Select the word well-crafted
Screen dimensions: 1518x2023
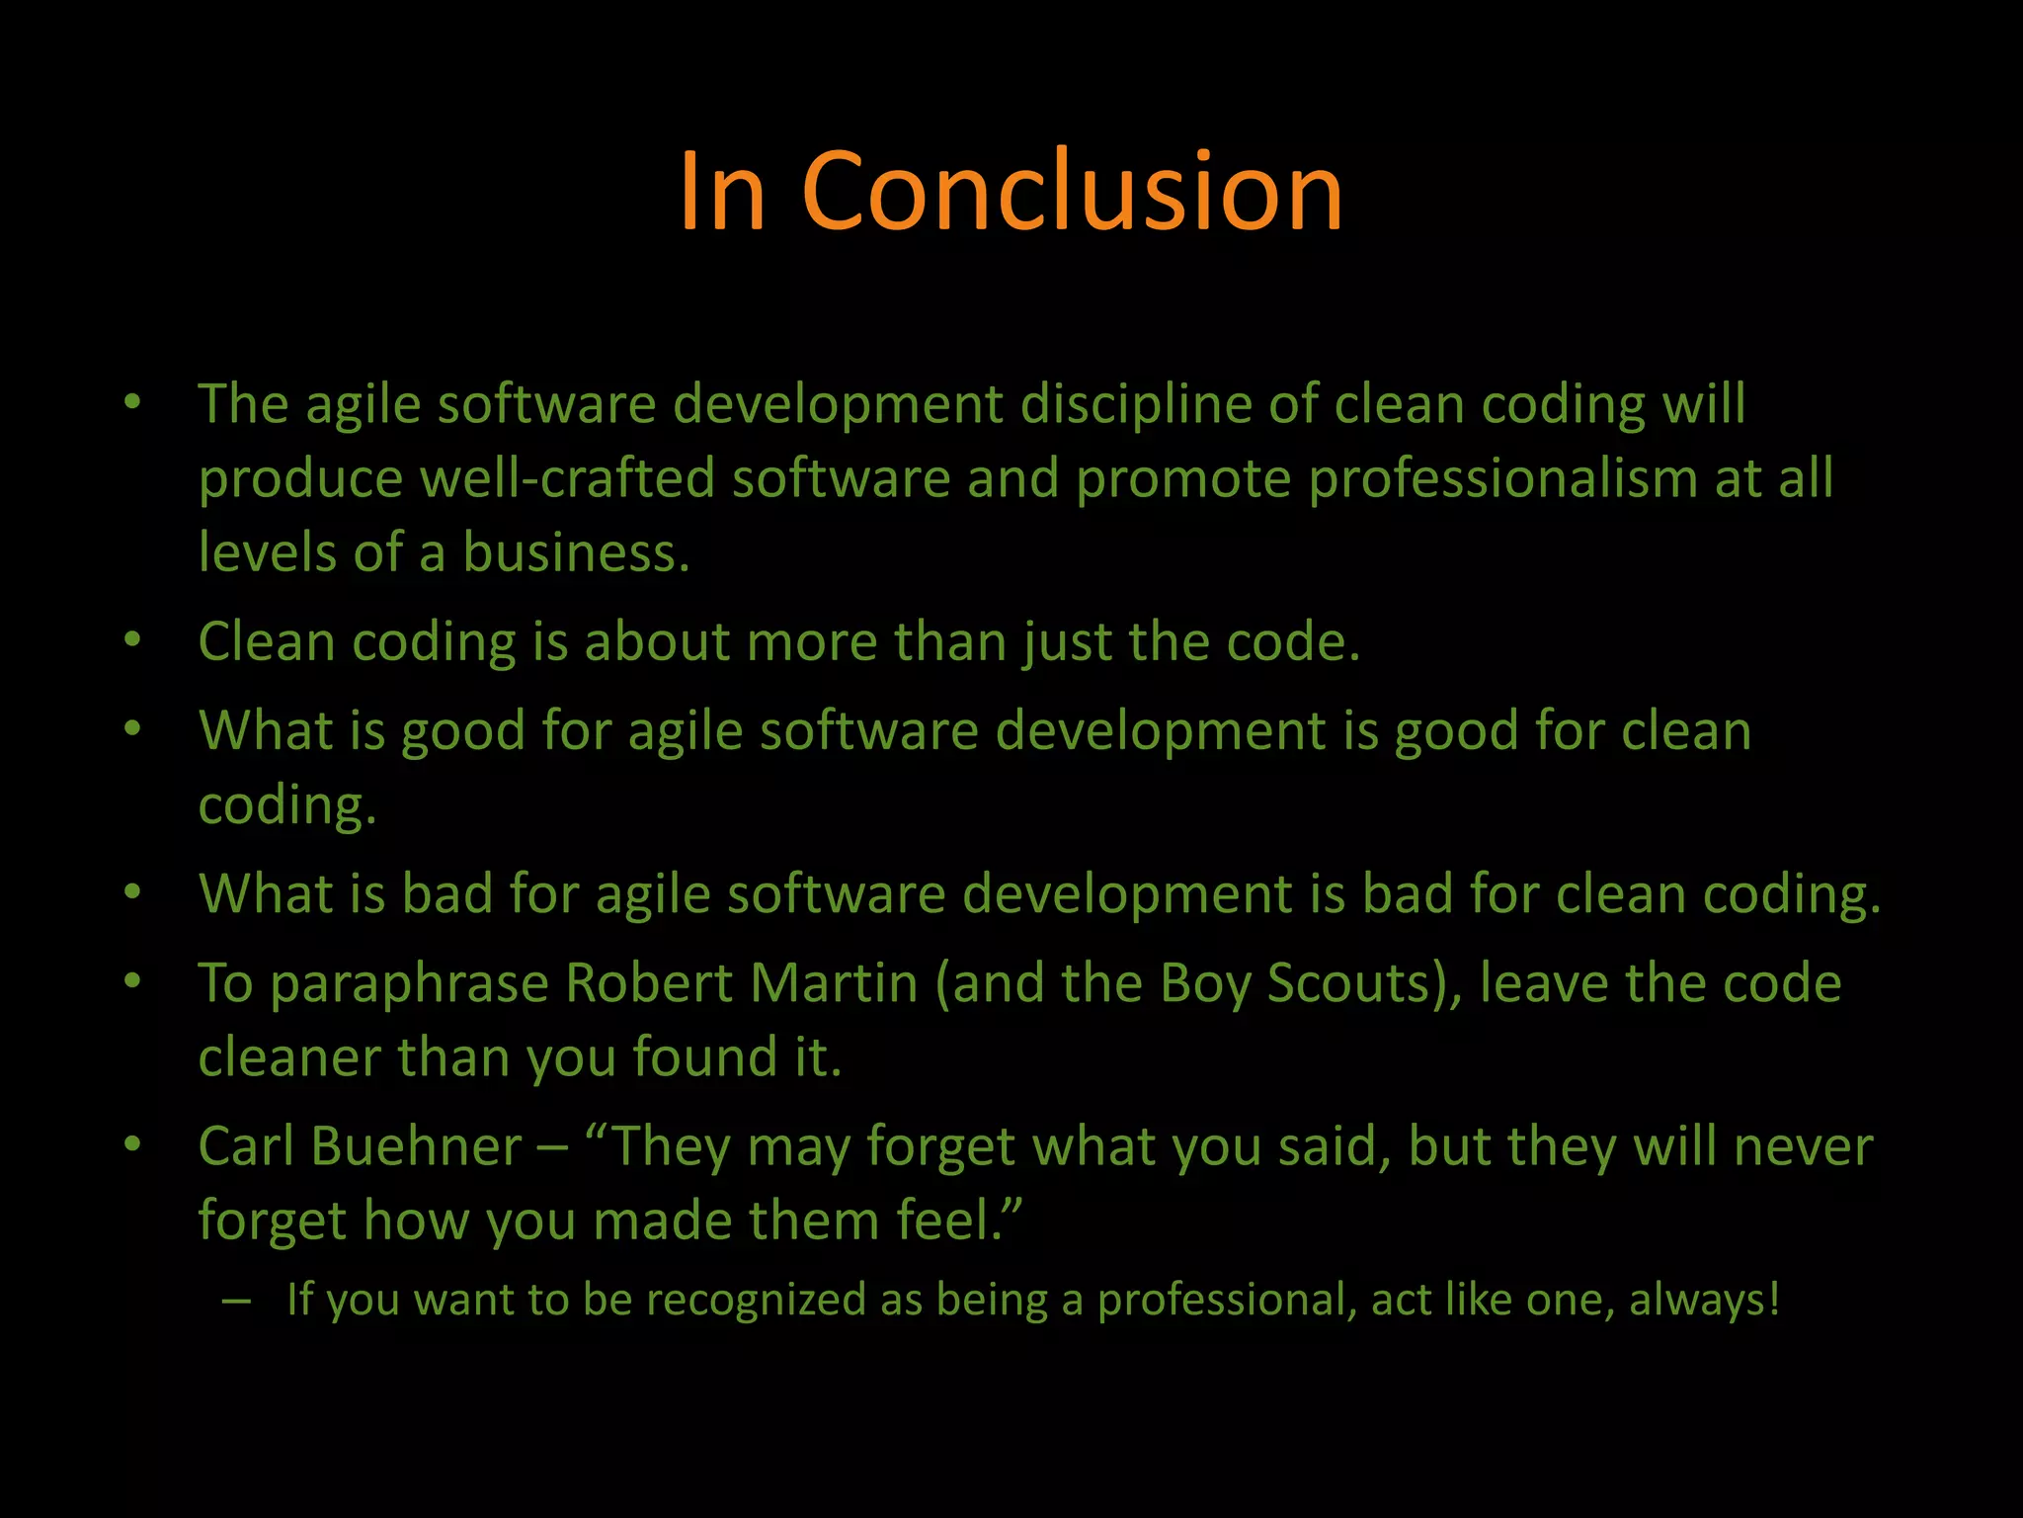567,479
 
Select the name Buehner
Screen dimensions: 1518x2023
416,1146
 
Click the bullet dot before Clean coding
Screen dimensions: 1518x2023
133,640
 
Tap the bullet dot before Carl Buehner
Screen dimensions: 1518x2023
133,1144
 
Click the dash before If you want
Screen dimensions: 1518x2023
236,1301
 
